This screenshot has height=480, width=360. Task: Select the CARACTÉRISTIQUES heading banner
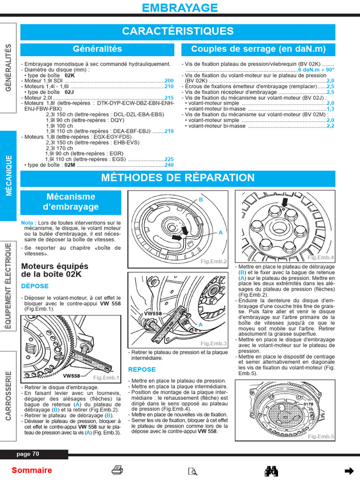[178, 31]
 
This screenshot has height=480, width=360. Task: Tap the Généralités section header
[97, 49]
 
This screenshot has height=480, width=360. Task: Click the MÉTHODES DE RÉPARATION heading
[178, 178]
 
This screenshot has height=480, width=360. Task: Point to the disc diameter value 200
[169, 81]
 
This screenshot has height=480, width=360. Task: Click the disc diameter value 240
[169, 165]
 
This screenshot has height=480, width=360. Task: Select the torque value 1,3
[330, 109]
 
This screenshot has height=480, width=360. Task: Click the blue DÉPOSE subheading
[35, 286]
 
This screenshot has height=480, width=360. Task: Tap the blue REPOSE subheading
[142, 369]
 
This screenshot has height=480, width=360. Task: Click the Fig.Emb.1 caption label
[106, 377]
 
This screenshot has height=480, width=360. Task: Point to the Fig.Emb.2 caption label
[213, 262]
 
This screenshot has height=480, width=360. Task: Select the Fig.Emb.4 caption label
[320, 258]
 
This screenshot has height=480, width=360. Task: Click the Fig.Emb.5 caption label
[321, 436]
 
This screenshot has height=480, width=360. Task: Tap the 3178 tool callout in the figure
[307, 404]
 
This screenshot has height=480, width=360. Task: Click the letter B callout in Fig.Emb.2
[201, 200]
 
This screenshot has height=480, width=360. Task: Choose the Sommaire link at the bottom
[32, 470]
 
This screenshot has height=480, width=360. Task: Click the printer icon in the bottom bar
[117, 470]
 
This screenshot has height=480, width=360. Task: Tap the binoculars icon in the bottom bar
[272, 471]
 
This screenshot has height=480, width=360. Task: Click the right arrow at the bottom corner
[348, 471]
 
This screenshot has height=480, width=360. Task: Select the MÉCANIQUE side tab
[8, 176]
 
